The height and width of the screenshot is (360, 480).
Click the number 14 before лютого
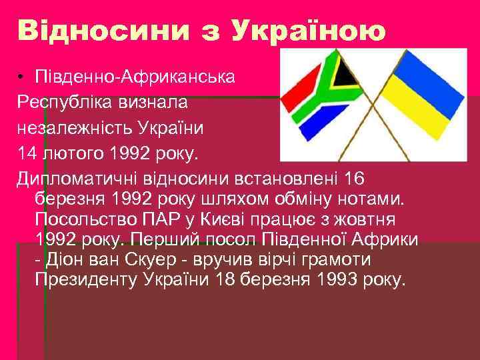pyautogui.click(x=28, y=155)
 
